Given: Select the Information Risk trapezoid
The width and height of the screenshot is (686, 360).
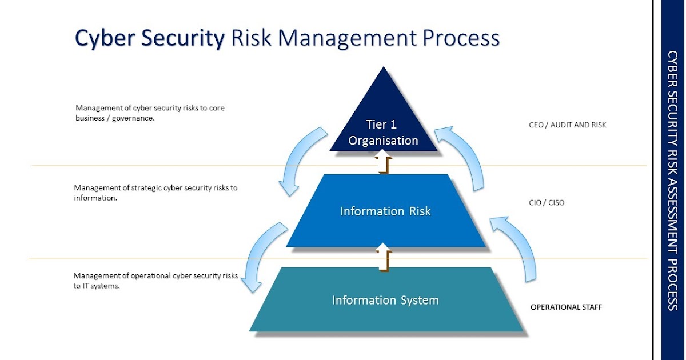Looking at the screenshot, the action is (386, 211).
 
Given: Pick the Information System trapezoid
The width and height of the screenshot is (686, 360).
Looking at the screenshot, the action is (386, 300).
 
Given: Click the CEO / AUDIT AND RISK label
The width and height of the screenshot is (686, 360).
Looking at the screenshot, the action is (567, 125).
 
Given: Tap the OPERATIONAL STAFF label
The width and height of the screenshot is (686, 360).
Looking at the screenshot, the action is (566, 307).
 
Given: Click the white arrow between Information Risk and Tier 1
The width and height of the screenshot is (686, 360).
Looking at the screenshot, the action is (384, 162).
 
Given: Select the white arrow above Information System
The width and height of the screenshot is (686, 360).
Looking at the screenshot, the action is (384, 255).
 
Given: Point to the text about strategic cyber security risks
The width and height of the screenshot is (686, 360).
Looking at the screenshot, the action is (155, 193).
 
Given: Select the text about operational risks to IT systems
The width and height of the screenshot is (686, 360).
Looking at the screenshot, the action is (155, 281).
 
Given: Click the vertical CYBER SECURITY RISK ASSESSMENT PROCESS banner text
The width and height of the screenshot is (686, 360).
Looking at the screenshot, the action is (673, 180).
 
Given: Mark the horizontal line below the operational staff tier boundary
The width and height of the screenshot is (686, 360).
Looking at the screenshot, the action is (143, 259).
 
